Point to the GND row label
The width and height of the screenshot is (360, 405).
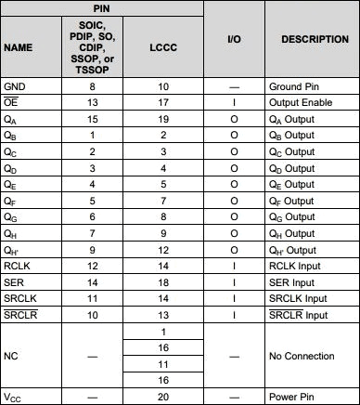(16, 85)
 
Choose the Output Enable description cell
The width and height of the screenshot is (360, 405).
(302, 100)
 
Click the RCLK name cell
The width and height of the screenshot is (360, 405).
(19, 266)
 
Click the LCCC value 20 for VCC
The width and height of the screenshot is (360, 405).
(162, 397)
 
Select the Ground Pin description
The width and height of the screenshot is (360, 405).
(294, 85)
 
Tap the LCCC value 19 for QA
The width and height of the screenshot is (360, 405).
(162, 118)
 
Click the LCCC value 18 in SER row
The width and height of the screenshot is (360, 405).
(162, 281)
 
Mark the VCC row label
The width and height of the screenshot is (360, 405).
(14, 397)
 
